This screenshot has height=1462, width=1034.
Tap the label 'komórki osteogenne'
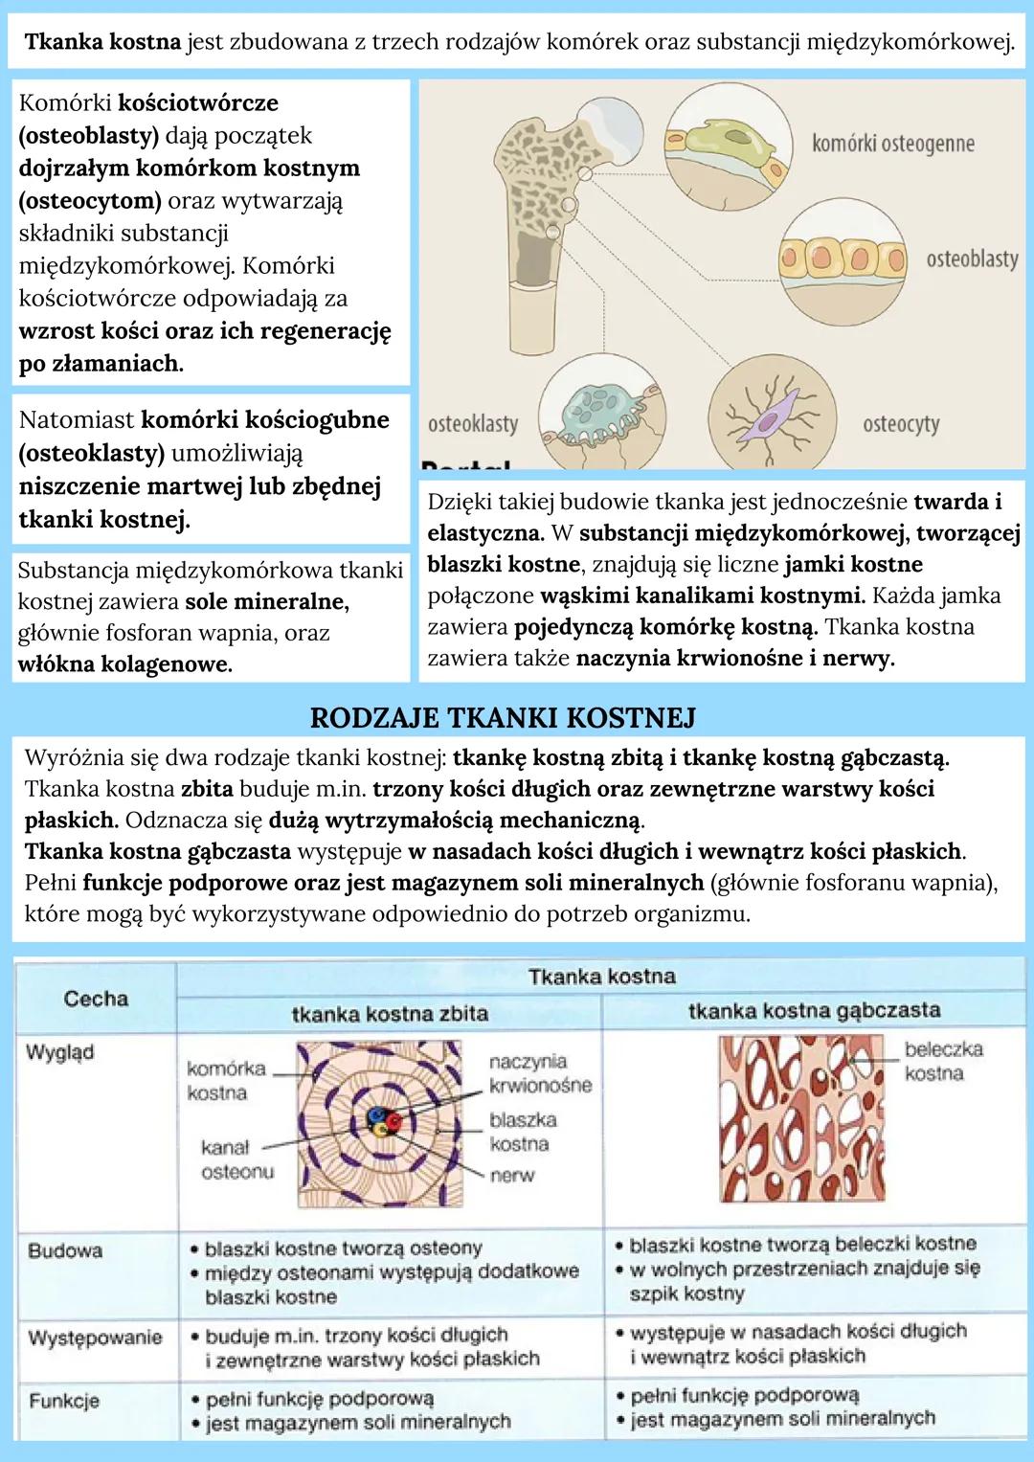892,144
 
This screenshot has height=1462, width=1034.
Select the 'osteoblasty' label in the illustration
971,259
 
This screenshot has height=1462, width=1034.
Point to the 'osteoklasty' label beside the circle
472,423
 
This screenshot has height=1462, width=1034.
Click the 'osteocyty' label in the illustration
900,423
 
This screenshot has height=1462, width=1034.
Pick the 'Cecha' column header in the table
96,999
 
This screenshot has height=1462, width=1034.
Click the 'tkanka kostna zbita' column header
390,1013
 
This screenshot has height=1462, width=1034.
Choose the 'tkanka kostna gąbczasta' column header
814,1010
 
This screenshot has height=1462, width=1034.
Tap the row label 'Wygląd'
60,1052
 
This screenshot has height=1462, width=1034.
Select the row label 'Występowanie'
95,1337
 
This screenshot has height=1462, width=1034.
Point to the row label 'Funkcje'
64,1401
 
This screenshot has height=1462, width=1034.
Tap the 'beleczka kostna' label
943,1061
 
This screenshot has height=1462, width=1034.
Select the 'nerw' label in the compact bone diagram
511,1175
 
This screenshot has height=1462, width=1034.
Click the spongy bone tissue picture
805,1118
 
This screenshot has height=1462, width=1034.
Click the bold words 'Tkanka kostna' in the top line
103,42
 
